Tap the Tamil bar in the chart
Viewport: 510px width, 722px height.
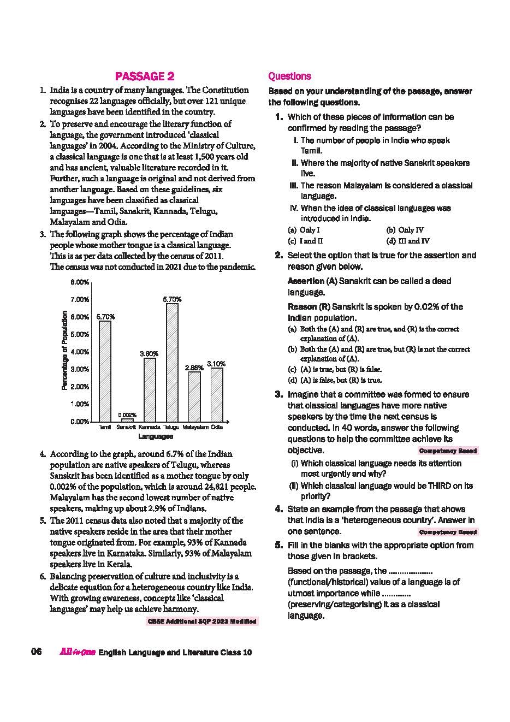[105, 371]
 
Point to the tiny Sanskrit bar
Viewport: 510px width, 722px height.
[127, 420]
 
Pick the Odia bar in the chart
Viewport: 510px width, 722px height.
[217, 394]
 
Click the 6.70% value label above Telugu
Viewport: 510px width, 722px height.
[172, 299]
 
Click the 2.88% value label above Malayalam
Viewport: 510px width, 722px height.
[194, 368]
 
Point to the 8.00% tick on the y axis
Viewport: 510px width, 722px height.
[80, 282]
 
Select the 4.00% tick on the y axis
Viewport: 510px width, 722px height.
[80, 352]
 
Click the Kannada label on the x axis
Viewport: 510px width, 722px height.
[149, 428]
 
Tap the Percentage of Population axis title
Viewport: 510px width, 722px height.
[64, 350]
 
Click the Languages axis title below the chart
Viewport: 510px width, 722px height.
[156, 436]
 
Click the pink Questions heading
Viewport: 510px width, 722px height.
[290, 76]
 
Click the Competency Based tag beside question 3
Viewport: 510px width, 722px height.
[448, 451]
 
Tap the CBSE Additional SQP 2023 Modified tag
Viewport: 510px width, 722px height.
[202, 622]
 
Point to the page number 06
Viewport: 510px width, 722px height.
[37, 652]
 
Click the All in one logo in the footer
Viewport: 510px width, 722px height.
[77, 652]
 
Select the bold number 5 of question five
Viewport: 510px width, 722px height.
[278, 545]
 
